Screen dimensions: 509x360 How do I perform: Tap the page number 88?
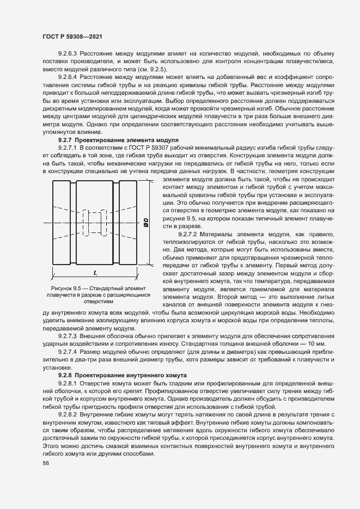coord(46,463)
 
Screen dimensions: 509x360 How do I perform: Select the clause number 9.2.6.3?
coord(69,54)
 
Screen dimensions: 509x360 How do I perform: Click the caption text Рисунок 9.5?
coord(69,287)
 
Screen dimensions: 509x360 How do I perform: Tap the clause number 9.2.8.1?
coord(69,384)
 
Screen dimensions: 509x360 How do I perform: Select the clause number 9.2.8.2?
coord(69,415)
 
